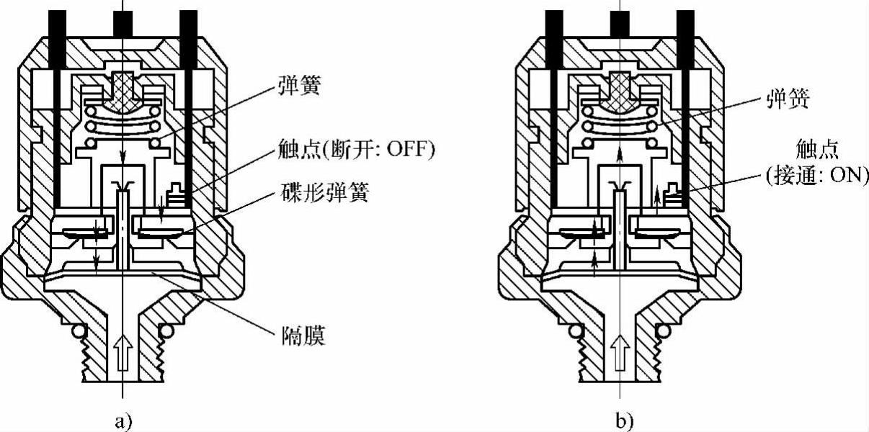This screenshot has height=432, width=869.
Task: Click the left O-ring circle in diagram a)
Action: [x=77, y=330]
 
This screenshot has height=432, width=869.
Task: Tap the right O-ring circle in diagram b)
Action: [x=667, y=330]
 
